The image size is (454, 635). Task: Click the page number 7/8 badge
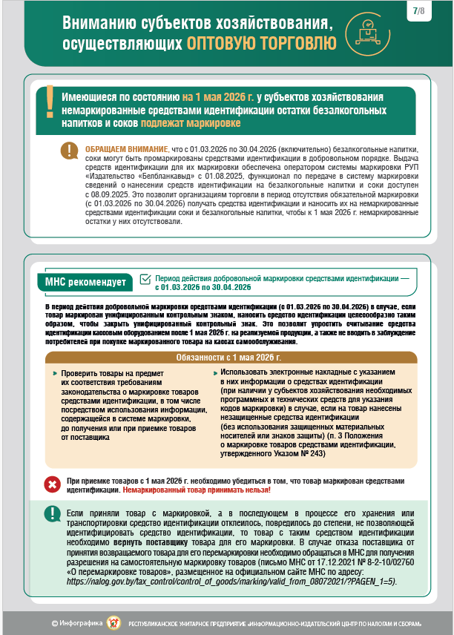click(x=420, y=11)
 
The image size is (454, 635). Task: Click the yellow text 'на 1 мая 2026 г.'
click(x=218, y=97)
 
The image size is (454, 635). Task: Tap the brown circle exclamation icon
click(x=71, y=151)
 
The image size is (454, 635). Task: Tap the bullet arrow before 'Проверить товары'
click(x=54, y=375)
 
